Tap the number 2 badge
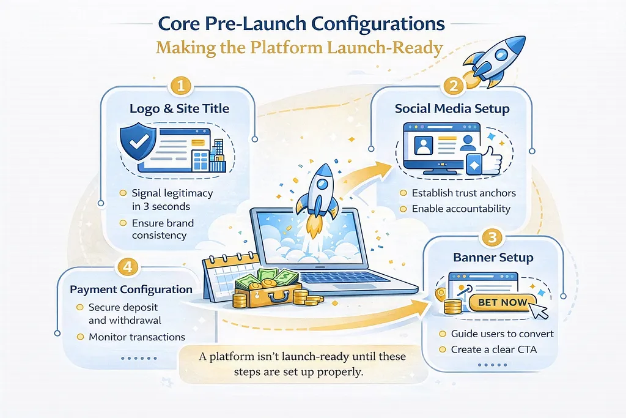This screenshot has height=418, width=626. tap(452, 86)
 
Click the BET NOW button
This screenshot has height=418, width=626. tap(502, 302)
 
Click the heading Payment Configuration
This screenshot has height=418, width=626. tap(131, 289)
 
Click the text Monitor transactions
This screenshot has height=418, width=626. tap(137, 337)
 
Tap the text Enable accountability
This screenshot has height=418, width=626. tap(461, 209)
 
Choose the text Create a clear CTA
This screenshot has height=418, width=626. tap(495, 349)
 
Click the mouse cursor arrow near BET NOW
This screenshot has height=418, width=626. tap(539, 310)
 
